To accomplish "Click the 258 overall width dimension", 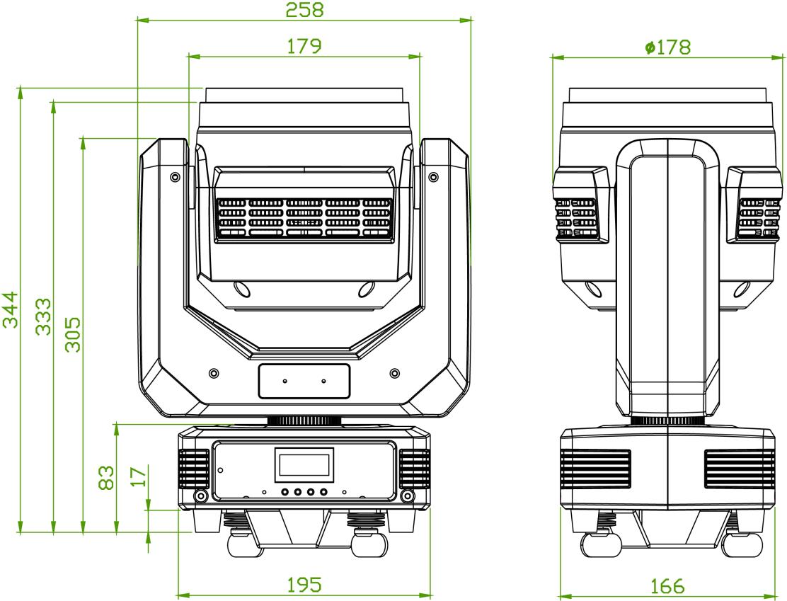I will point(304,10).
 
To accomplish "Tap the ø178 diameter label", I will point(668,47).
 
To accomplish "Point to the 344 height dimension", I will point(10,309).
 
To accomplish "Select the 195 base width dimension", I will point(304,585).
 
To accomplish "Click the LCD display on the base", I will point(304,465).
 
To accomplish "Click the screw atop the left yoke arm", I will point(174,176).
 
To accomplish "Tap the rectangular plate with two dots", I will point(304,381).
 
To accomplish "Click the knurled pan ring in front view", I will point(304,420).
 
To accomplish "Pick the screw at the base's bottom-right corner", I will point(406,496).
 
